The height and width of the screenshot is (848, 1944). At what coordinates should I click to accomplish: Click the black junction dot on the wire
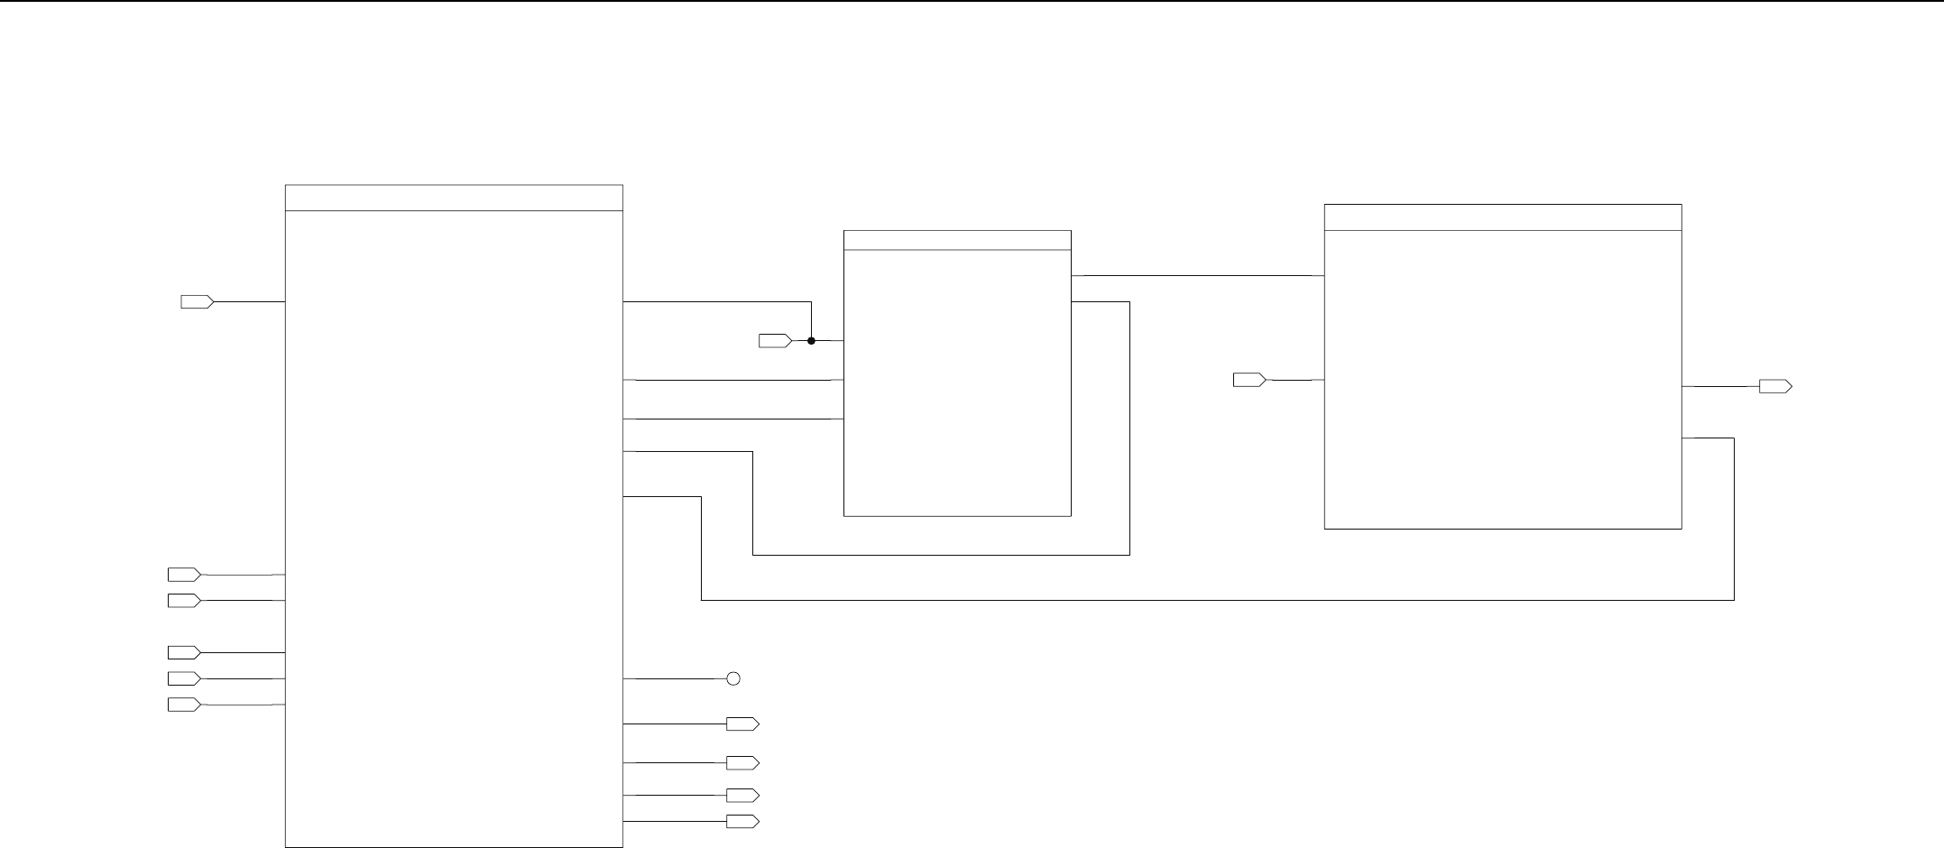pyautogui.click(x=811, y=341)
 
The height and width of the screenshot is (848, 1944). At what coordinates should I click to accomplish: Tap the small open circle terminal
pyautogui.click(x=733, y=678)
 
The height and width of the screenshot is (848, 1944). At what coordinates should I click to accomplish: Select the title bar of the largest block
pyautogui.click(x=454, y=198)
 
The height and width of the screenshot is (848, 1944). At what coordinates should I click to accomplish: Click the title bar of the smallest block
pyautogui.click(x=957, y=240)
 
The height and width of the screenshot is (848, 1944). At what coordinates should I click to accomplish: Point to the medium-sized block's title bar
pyautogui.click(x=1502, y=217)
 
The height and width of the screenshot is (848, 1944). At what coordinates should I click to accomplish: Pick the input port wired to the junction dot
pyautogui.click(x=774, y=341)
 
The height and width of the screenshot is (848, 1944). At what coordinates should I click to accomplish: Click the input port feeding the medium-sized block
pyautogui.click(x=1248, y=381)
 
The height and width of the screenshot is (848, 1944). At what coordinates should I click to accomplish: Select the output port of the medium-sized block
pyautogui.click(x=1774, y=387)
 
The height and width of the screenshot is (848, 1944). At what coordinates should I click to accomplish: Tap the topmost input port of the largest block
pyautogui.click(x=197, y=302)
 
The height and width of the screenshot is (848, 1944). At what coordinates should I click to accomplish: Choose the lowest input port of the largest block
pyautogui.click(x=184, y=705)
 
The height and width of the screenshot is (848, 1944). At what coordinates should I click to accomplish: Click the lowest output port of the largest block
pyautogui.click(x=742, y=822)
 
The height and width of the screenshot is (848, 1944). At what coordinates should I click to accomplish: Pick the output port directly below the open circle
pyautogui.click(x=742, y=724)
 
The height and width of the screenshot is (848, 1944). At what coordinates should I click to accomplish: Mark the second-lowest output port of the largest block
pyautogui.click(x=742, y=796)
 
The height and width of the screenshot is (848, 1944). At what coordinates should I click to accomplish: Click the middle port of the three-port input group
pyautogui.click(x=184, y=678)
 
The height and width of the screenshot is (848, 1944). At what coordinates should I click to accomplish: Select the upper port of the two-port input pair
pyautogui.click(x=184, y=575)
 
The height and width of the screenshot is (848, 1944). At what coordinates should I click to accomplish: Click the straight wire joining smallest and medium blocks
pyautogui.click(x=1197, y=275)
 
